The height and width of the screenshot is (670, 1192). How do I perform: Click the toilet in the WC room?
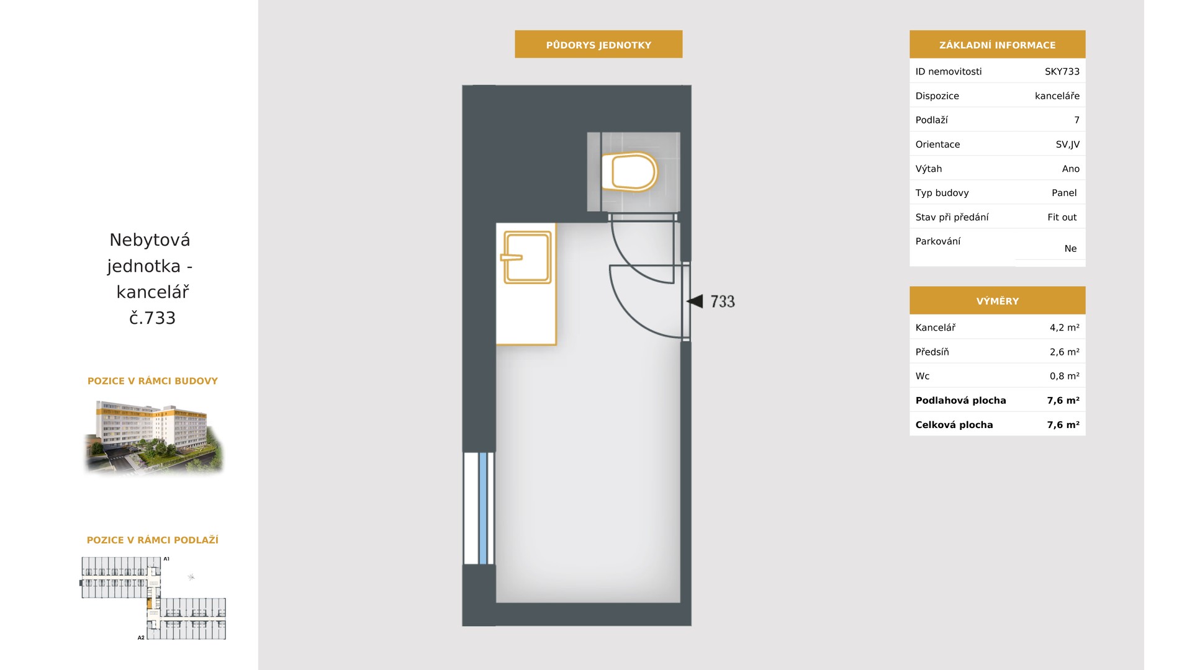[x=629, y=171]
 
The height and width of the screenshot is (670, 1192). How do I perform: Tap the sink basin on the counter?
[x=526, y=257]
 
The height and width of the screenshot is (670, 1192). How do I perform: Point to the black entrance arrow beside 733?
[x=695, y=301]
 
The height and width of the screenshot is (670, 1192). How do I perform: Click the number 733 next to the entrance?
[x=722, y=301]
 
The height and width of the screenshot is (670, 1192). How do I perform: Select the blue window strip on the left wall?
[x=483, y=508]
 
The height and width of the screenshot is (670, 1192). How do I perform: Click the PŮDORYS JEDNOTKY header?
[x=598, y=45]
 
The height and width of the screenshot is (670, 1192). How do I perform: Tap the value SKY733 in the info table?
[x=1062, y=71]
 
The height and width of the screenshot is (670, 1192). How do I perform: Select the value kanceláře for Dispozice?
[x=1057, y=96]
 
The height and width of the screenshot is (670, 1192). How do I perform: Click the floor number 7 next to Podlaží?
[x=1077, y=120]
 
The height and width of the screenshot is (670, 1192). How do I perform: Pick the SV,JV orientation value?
[x=1067, y=145]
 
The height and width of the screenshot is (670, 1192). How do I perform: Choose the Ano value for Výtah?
[x=1070, y=169]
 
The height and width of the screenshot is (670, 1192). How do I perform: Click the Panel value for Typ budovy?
[x=1063, y=193]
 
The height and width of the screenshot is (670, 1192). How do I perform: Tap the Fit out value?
[x=1062, y=217]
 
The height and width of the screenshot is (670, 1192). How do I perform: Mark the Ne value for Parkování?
[x=1070, y=248]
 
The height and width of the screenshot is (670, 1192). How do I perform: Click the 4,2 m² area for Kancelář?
[x=1064, y=328]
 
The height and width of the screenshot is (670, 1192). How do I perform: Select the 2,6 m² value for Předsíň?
[x=1064, y=352]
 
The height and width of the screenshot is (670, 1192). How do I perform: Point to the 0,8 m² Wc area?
[x=1064, y=376]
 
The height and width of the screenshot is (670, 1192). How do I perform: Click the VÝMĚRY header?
[x=997, y=301]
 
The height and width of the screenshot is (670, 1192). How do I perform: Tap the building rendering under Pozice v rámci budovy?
[x=153, y=437]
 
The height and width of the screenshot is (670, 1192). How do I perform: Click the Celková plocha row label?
[x=954, y=425]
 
